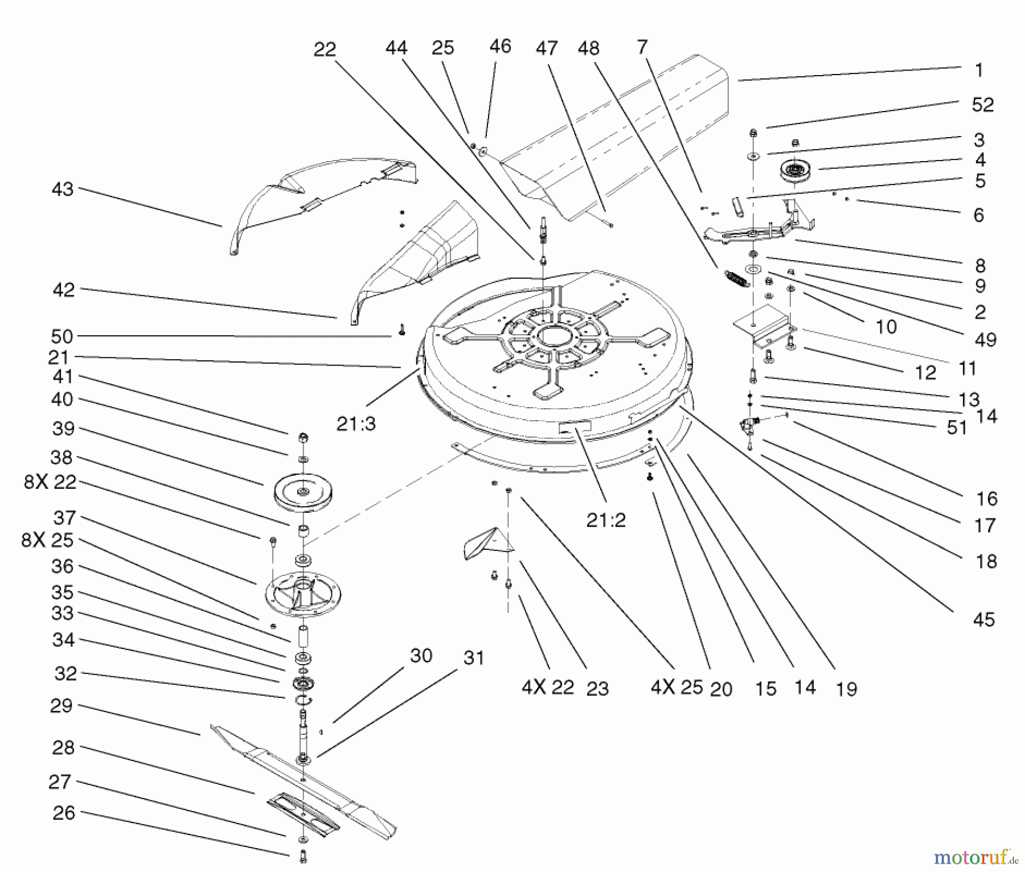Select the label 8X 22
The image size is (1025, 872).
tap(50, 482)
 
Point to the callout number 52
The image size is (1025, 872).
tap(982, 105)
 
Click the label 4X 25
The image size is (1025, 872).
tap(676, 688)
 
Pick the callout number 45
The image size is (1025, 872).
tap(983, 619)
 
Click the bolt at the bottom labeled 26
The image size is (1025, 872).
tap(303, 855)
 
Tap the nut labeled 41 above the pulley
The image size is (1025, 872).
tap(304, 438)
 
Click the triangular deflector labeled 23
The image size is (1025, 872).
tap(489, 543)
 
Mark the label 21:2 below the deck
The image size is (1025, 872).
tap(606, 520)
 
